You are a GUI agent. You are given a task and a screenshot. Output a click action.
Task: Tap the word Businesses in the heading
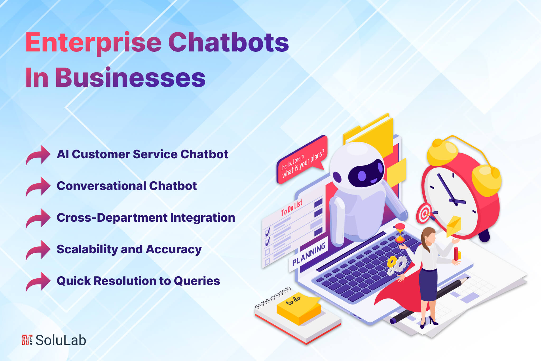(130, 78)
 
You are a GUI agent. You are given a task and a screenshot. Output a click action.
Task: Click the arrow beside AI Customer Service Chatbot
(38, 156)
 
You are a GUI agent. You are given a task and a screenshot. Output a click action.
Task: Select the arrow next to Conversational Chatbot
(38, 187)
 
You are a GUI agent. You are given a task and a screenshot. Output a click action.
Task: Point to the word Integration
(203, 218)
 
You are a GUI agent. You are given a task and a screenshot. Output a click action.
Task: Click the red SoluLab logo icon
(27, 340)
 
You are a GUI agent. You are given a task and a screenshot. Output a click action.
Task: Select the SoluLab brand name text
(61, 340)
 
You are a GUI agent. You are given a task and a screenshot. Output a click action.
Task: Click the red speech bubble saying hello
(301, 161)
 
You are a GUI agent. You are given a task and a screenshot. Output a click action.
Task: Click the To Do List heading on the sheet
(292, 208)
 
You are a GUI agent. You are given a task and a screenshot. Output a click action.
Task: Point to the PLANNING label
(309, 254)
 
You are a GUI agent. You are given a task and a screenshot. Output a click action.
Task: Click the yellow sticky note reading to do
(299, 307)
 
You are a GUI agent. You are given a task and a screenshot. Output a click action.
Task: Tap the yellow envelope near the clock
(454, 226)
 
